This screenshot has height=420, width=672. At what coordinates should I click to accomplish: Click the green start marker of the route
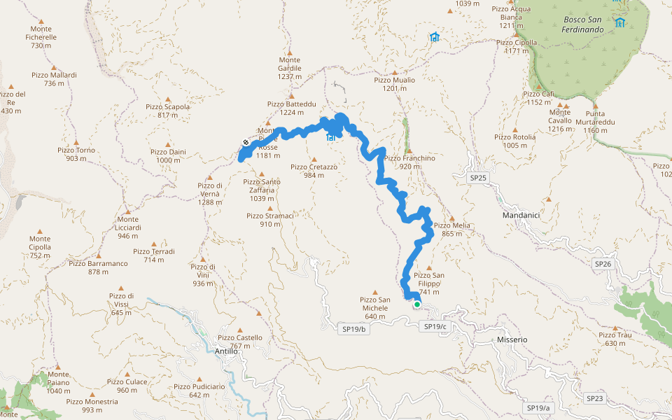click(416, 304)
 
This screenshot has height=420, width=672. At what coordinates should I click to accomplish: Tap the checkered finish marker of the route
click(246, 143)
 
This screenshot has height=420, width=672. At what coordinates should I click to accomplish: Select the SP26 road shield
click(603, 264)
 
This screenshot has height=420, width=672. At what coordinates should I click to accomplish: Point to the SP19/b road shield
click(354, 328)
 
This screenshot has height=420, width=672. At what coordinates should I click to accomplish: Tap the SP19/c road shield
click(435, 327)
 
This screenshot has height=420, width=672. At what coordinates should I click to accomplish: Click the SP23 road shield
click(594, 398)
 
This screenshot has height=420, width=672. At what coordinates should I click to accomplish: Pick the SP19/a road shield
click(539, 407)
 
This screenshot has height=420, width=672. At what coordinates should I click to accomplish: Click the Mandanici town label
click(521, 215)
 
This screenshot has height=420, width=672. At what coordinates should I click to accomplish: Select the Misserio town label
click(512, 339)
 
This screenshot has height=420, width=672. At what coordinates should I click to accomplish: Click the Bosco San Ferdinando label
click(583, 25)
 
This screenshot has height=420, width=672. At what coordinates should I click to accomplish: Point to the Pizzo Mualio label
click(394, 84)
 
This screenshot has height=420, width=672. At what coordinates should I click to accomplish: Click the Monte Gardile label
click(290, 68)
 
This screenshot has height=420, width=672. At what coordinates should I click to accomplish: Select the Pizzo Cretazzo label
click(314, 171)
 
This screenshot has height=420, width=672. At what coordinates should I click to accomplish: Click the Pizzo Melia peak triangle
click(451, 217)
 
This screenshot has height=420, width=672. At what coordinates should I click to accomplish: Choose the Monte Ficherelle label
click(42, 41)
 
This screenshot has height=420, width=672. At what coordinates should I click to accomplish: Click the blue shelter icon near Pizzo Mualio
click(435, 37)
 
